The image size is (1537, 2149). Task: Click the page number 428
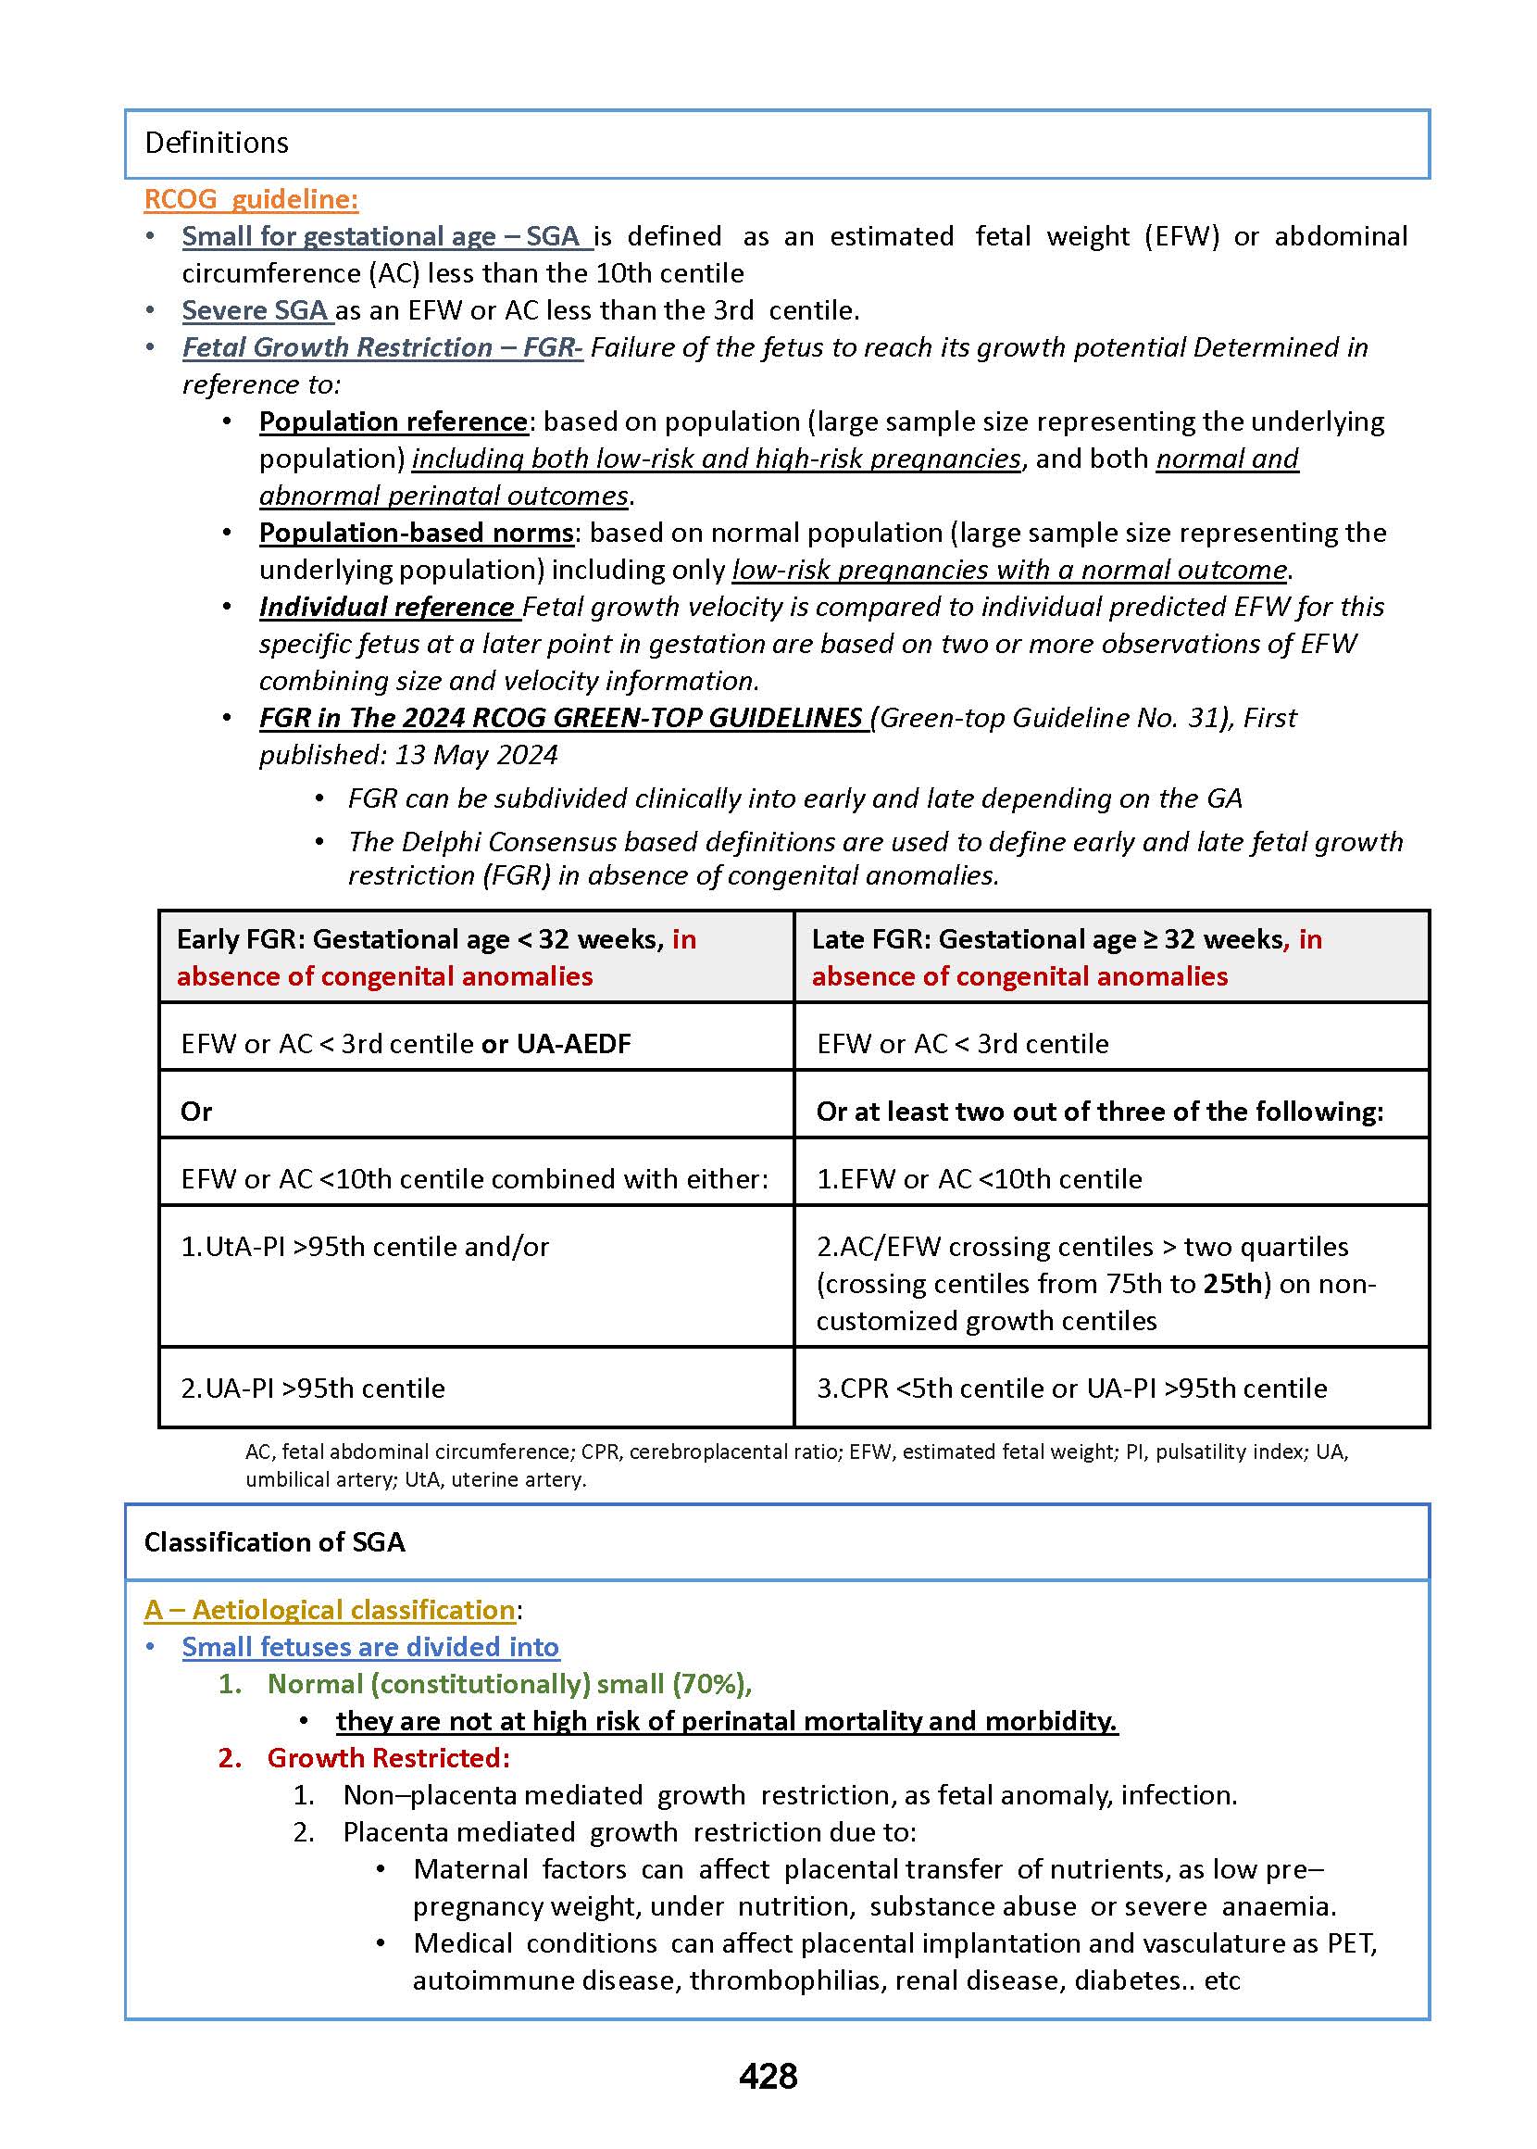coord(768,2076)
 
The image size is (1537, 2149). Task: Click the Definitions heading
coord(216,143)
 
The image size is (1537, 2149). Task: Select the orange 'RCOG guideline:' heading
coord(251,199)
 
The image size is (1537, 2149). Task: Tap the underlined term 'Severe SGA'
coord(256,310)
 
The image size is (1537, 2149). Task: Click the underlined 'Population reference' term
coord(393,421)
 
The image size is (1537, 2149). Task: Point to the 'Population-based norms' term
coord(417,533)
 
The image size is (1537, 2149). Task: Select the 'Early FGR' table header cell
coord(476,957)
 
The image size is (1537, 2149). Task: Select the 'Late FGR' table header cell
coord(1111,957)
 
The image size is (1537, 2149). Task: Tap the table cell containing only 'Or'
coord(476,1111)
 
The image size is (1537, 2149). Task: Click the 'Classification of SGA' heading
coord(274,1542)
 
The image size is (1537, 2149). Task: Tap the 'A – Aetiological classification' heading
coord(330,1609)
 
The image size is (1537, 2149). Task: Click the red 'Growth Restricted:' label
coord(388,1758)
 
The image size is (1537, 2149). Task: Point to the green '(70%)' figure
coord(710,1684)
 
